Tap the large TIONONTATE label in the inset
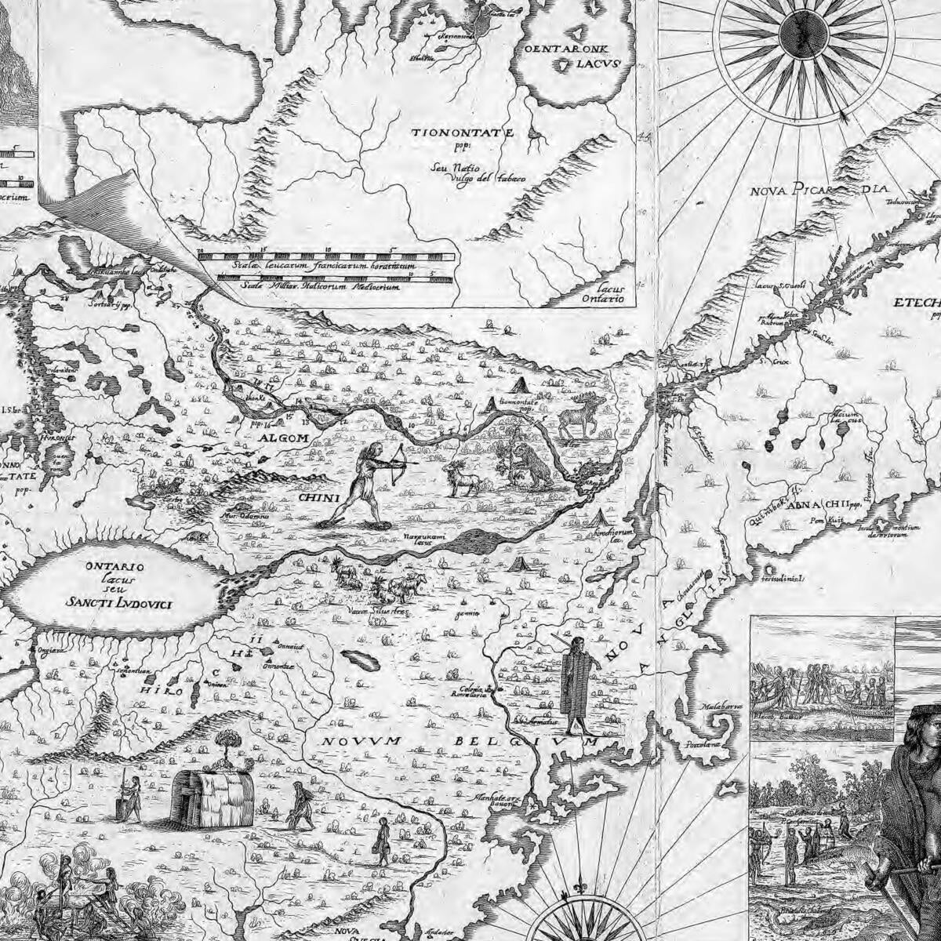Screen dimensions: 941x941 (x=463, y=133)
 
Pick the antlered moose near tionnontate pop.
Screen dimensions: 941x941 (x=580, y=416)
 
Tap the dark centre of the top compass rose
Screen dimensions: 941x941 (x=803, y=31)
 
